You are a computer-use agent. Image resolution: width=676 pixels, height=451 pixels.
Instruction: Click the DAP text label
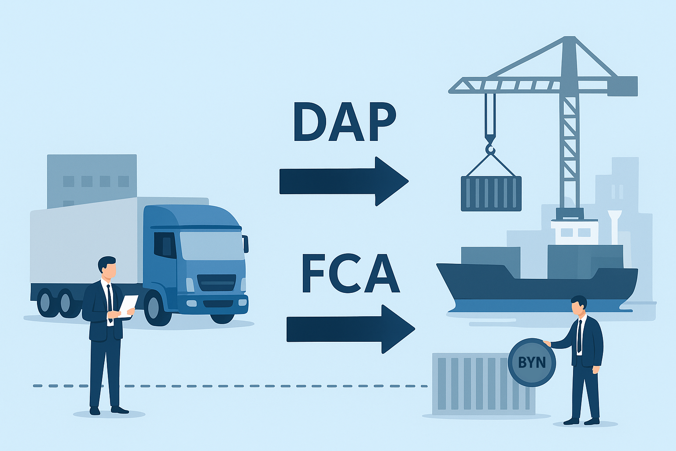[345, 122]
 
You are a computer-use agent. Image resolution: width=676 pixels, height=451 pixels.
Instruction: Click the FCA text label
[350, 274]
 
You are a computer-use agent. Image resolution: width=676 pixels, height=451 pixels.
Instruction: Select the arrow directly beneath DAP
[343, 181]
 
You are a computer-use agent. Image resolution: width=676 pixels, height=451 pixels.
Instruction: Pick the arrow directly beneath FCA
[350, 329]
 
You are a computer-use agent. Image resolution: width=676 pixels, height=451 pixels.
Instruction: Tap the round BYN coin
[532, 362]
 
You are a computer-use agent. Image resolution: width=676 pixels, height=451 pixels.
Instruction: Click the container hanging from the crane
[491, 193]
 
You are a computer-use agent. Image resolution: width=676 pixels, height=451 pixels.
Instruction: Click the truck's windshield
[212, 245]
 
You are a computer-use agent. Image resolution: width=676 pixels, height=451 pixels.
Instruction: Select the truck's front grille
[217, 283]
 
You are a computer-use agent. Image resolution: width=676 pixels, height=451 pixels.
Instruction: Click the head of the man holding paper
[107, 267]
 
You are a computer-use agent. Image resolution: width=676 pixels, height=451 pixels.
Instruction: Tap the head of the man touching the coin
[578, 305]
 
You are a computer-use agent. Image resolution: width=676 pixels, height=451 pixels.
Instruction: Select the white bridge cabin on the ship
[574, 232]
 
